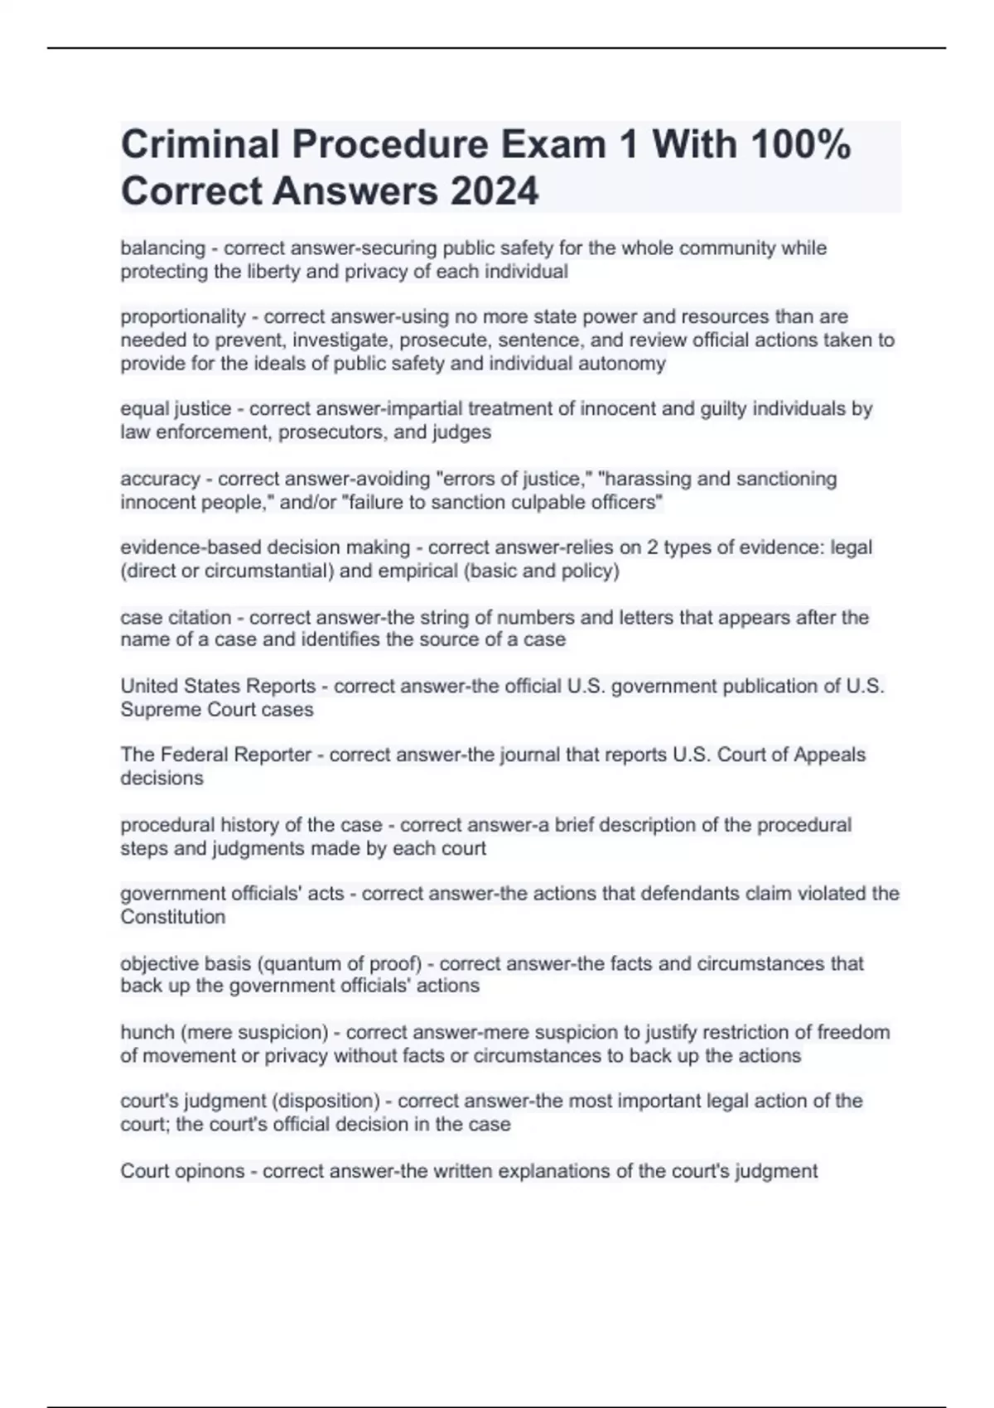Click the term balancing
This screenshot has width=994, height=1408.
pyautogui.click(x=162, y=248)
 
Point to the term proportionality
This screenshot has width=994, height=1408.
pyautogui.click(x=183, y=317)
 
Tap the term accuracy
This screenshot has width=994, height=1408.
pyautogui.click(x=160, y=479)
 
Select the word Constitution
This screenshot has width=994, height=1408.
pyautogui.click(x=172, y=917)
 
